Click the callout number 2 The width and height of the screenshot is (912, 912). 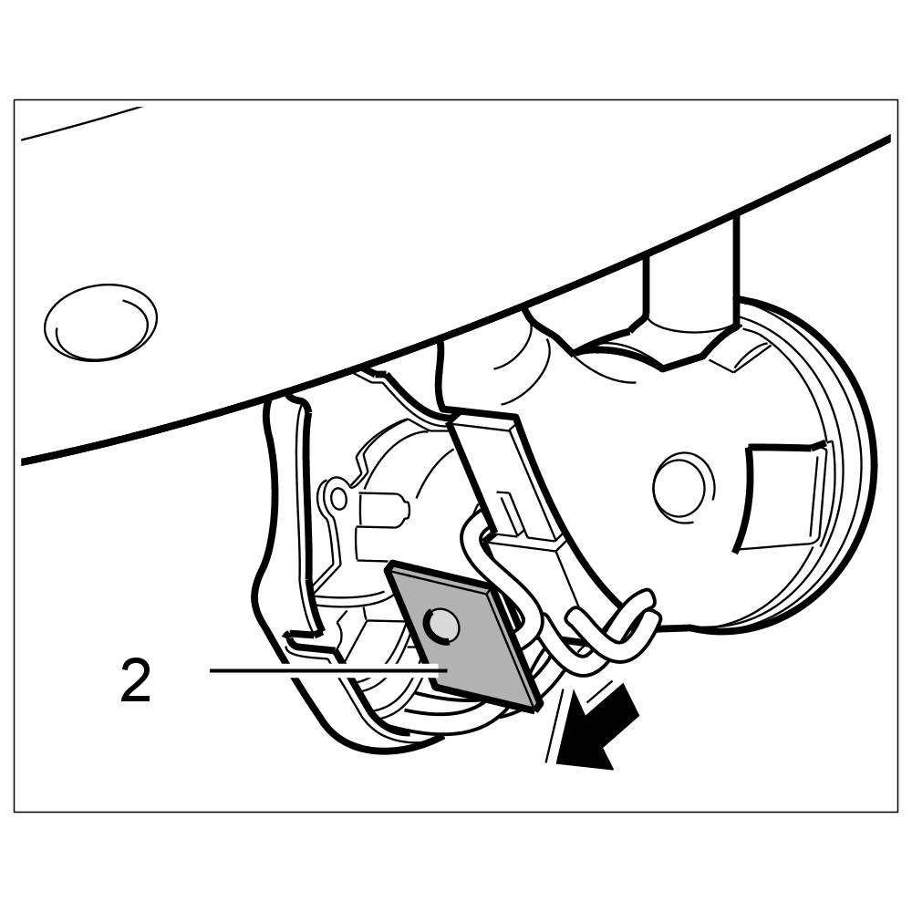pos(135,683)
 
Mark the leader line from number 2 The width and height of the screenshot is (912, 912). pos(319,670)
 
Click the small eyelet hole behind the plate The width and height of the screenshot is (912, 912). pos(338,498)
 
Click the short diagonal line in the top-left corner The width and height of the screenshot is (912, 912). pos(82,123)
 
